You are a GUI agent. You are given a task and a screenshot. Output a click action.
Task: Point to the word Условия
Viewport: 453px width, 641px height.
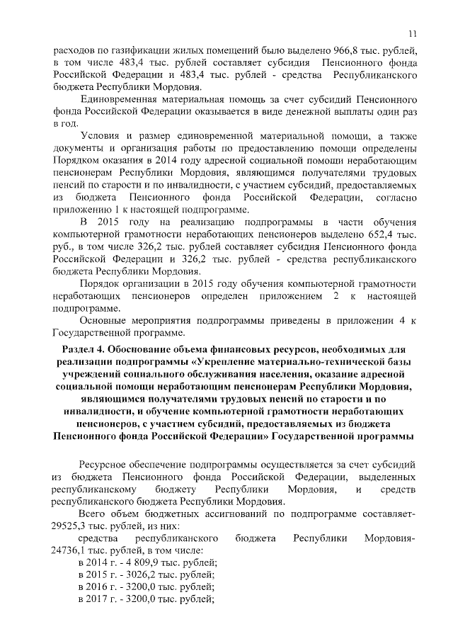[x=100, y=135]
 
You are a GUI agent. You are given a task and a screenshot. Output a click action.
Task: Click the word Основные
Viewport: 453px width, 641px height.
[x=103, y=322]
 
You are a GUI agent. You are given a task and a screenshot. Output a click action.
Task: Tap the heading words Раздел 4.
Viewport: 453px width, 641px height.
[x=86, y=352]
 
